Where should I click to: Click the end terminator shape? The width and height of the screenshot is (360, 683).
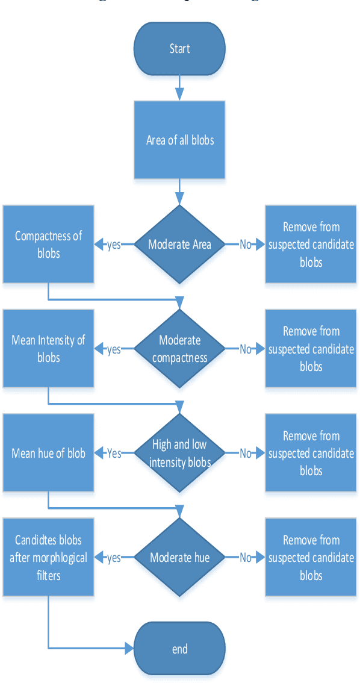click(x=179, y=648)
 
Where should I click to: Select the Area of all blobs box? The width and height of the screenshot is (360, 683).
click(x=179, y=140)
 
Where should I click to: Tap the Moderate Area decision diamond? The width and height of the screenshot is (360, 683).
click(x=179, y=245)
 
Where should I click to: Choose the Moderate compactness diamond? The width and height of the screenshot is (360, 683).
click(x=179, y=349)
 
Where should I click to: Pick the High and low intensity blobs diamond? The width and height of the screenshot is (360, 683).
click(x=179, y=453)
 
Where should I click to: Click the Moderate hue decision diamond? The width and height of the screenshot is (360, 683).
click(x=179, y=557)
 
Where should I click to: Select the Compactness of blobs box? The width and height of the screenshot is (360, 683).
click(x=48, y=245)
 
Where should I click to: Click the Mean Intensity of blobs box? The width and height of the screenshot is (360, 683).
click(x=48, y=349)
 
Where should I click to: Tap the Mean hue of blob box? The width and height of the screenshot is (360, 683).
click(x=48, y=453)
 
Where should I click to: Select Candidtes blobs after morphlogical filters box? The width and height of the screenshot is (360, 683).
click(x=48, y=557)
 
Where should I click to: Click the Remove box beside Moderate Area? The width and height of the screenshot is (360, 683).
click(x=311, y=245)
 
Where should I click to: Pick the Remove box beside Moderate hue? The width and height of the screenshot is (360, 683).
click(x=311, y=557)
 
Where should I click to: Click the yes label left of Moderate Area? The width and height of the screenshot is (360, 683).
click(x=113, y=245)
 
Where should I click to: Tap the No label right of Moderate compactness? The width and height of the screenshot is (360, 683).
click(x=245, y=349)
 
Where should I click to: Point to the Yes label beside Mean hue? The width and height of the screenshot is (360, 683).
click(x=113, y=454)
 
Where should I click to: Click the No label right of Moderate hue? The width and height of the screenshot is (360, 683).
click(x=245, y=558)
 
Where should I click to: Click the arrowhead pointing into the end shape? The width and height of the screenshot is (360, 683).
click(x=129, y=648)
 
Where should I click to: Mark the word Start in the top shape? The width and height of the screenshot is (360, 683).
click(x=179, y=49)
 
